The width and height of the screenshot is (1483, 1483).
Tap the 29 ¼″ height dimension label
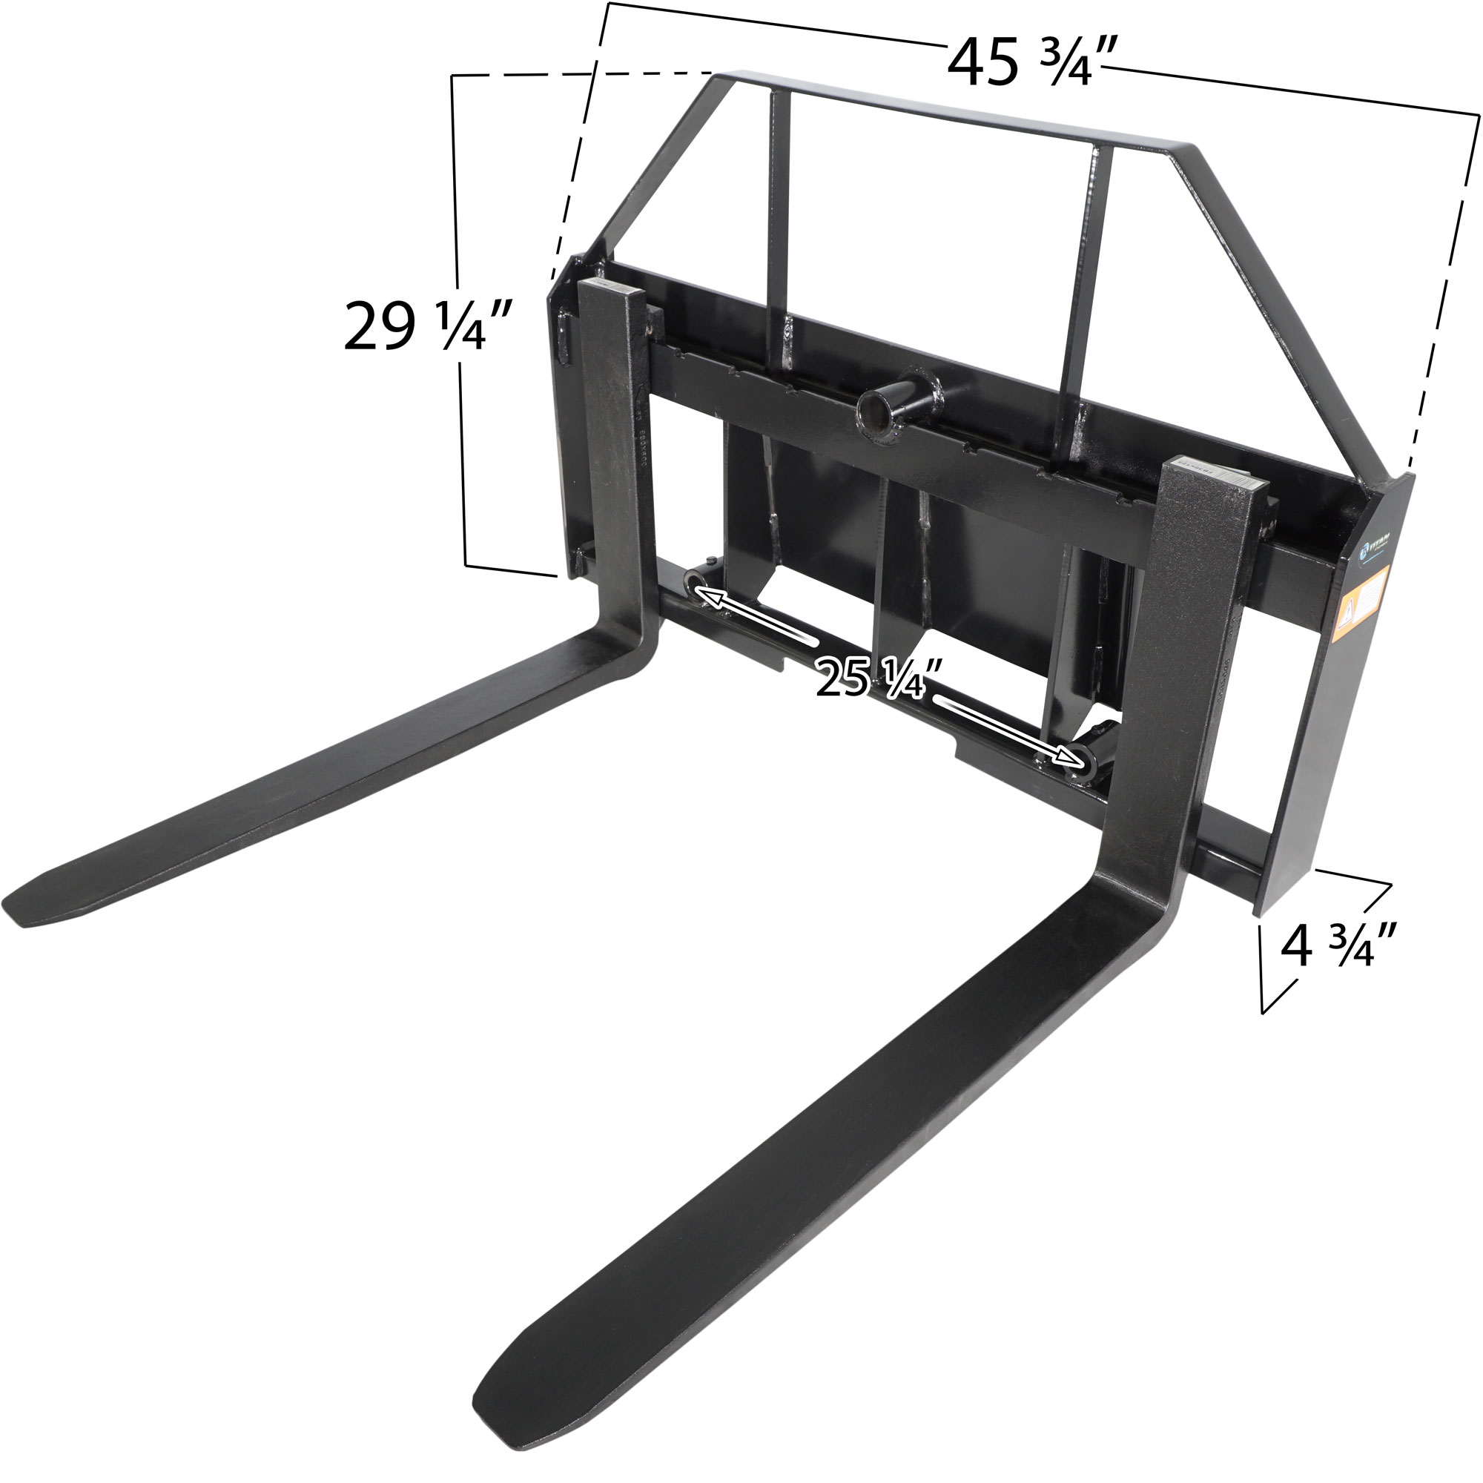427,327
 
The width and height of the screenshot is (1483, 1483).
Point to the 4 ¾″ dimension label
1336,945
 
